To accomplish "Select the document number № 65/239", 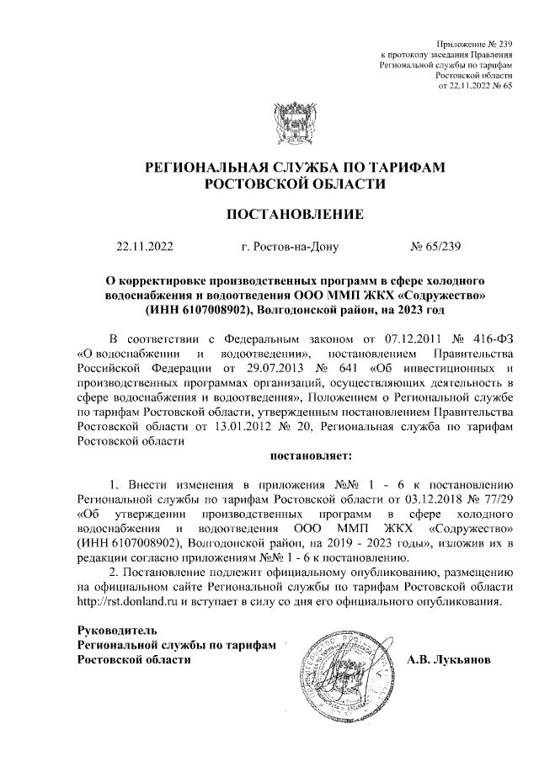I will tap(435, 247).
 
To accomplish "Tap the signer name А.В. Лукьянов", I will tap(454, 658).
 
